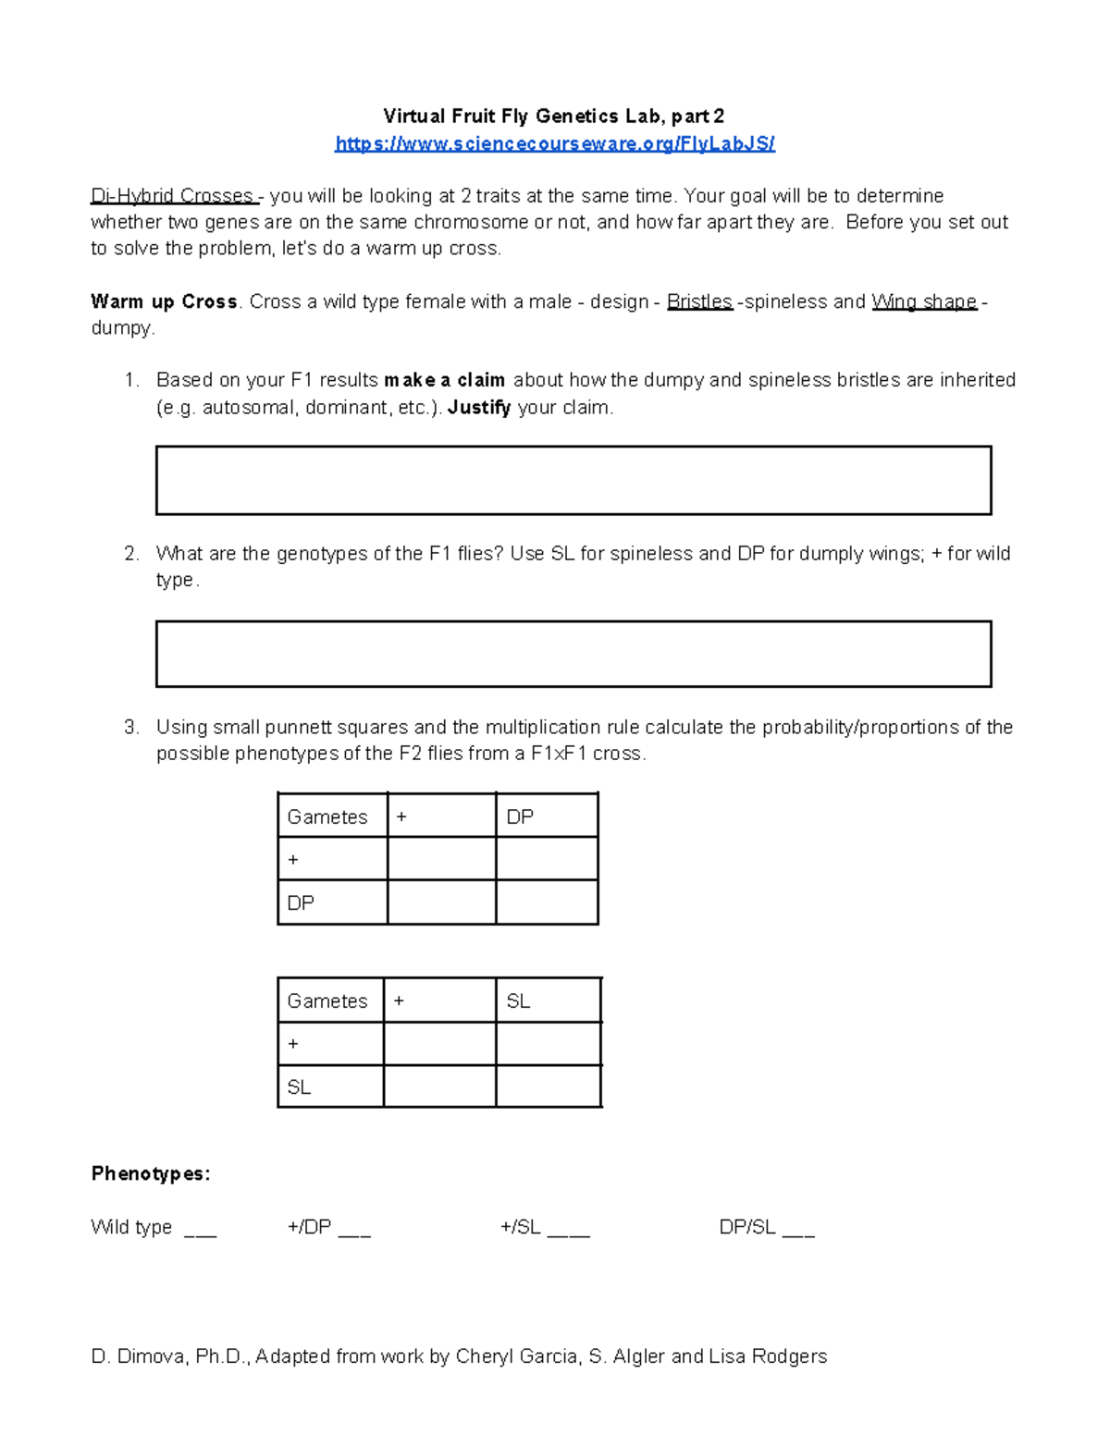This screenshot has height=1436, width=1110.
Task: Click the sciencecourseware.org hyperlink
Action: click(554, 143)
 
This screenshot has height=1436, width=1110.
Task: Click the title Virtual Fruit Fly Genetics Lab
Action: click(553, 116)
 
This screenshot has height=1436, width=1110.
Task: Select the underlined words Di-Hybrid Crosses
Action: click(172, 196)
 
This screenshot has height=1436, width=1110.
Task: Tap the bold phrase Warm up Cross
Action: click(164, 301)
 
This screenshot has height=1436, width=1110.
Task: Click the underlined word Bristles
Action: click(699, 301)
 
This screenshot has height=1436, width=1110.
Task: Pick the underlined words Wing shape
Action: click(923, 301)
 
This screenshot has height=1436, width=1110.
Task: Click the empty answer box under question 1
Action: click(573, 480)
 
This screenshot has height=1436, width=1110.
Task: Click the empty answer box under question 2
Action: click(573, 654)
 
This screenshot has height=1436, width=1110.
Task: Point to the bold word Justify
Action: click(479, 407)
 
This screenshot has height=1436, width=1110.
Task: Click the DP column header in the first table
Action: click(520, 816)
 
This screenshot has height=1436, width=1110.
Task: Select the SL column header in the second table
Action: click(518, 1000)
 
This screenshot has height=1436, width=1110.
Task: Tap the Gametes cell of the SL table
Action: click(327, 1000)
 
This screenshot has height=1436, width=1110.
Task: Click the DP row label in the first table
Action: click(301, 902)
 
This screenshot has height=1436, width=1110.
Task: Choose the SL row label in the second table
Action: click(299, 1086)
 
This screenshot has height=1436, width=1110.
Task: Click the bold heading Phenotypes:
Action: click(151, 1173)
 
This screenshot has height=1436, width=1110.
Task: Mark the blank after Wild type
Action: click(200, 1230)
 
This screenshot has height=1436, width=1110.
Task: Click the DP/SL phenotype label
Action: click(747, 1227)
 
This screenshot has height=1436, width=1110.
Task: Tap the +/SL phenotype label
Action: click(520, 1227)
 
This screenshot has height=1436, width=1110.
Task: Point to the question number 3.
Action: click(130, 727)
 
